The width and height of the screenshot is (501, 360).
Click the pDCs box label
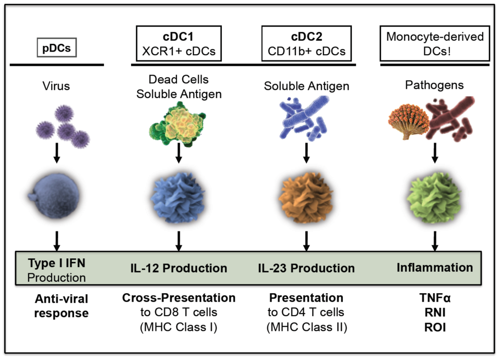57,49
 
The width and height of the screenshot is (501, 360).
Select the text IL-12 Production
179,268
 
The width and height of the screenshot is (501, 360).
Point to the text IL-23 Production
306,268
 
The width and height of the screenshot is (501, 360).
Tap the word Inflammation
435,268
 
